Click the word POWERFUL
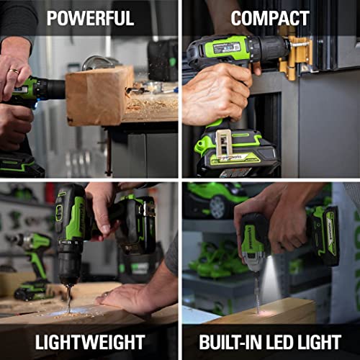90,18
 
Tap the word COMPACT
270,18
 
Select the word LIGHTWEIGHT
90,342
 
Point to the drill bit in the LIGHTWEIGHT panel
69,295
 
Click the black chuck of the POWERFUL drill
50,89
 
